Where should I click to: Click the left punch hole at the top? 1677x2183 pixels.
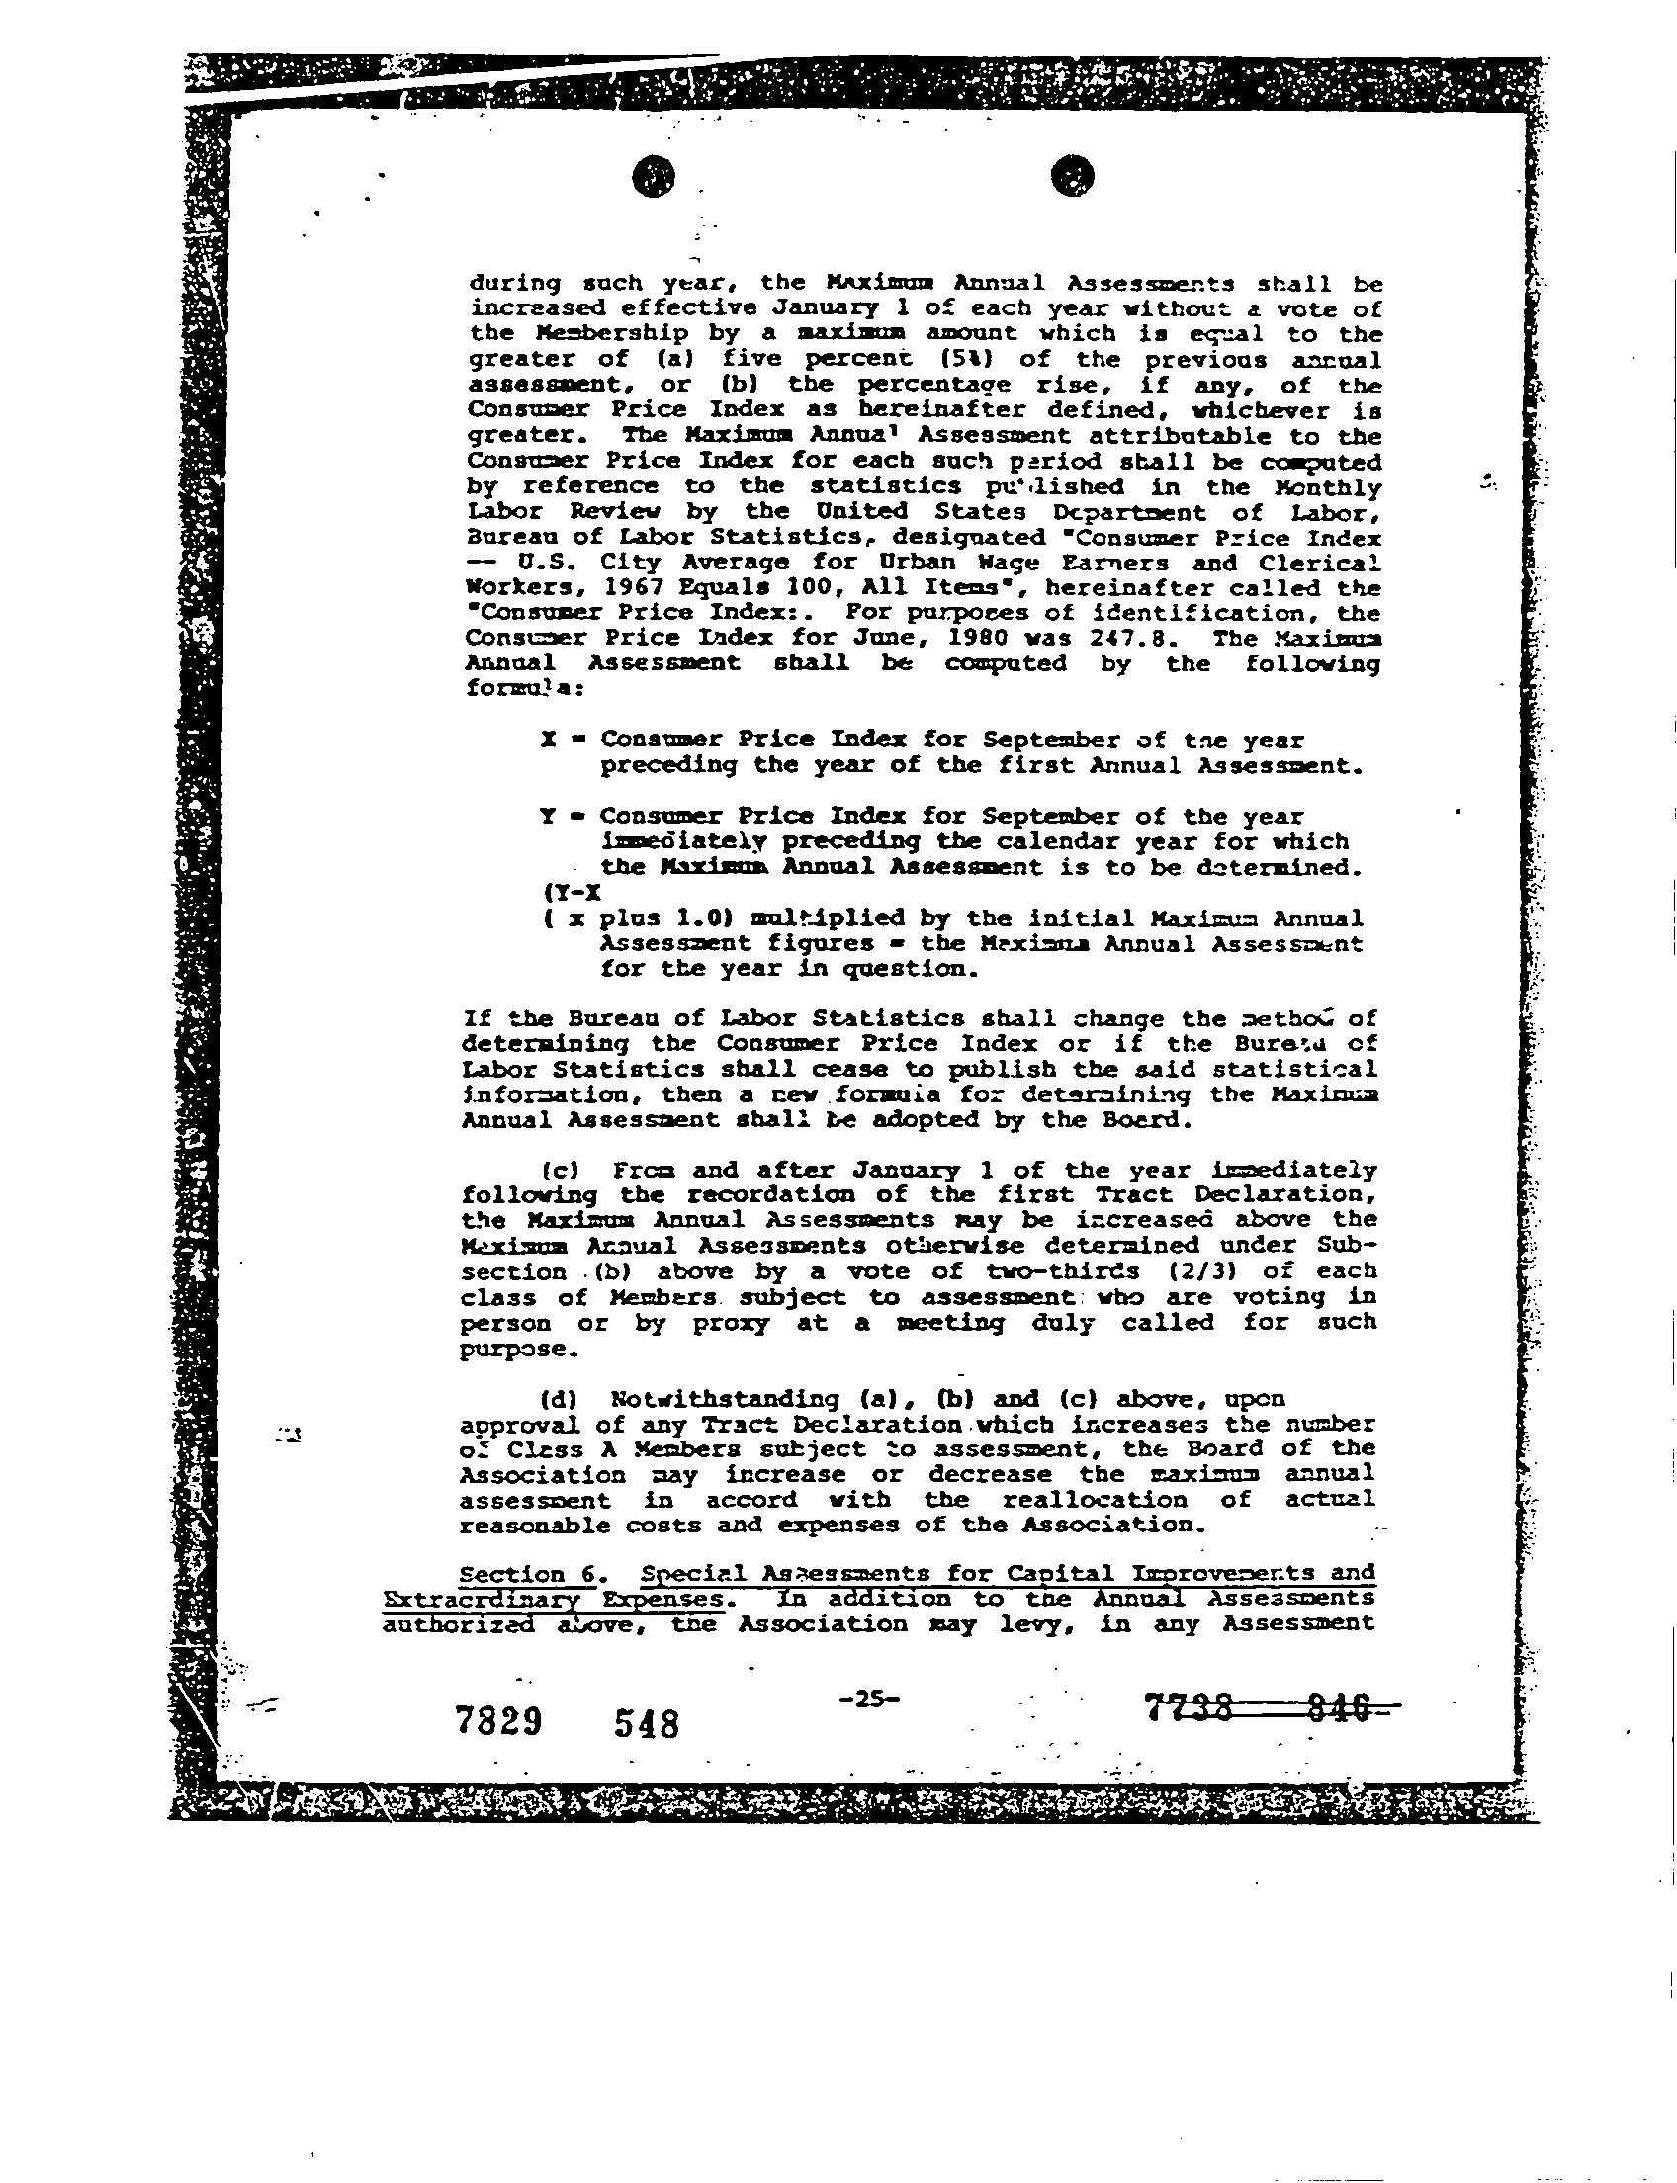coord(654,177)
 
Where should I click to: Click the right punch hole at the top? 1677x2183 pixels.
coord(1073,177)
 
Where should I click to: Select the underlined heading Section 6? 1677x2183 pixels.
coord(528,1574)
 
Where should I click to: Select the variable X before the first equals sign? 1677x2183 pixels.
coord(547,740)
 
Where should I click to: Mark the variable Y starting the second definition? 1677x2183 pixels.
coord(547,816)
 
